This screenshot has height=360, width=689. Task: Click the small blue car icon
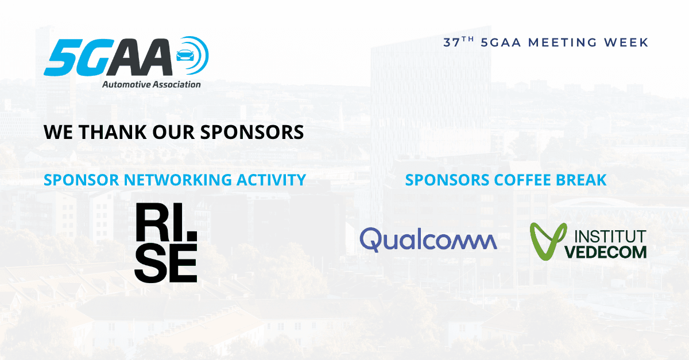coord(185,55)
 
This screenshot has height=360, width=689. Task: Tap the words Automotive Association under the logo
coord(152,84)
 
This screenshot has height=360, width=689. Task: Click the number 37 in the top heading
coord(451,42)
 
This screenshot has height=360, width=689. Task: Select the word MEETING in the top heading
coord(563,42)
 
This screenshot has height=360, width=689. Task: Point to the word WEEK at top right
coord(626,42)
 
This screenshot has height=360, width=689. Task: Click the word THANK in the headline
coord(113,132)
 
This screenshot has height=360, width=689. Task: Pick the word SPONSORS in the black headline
coord(252,132)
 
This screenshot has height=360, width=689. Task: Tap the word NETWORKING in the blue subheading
coord(177,180)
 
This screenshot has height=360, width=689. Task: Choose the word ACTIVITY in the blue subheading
coord(271,180)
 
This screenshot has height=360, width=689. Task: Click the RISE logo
coord(166,243)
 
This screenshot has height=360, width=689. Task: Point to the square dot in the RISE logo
coord(192,235)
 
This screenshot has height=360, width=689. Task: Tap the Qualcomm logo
coord(428,240)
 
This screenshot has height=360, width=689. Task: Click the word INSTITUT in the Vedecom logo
coord(610,237)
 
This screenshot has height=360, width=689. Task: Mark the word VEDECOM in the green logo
coord(606,252)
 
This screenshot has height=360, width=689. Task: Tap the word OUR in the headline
coord(173,132)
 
